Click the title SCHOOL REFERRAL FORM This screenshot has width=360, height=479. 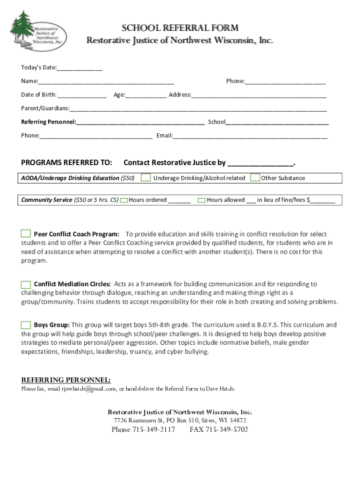click(180, 28)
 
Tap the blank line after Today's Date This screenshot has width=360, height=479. click(79, 69)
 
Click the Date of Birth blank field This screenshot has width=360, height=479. click(82, 95)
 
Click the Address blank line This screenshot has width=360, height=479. click(259, 95)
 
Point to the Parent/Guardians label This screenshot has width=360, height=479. click(45, 109)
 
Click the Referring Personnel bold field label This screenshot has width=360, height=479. click(49, 122)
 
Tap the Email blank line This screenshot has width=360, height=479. click(250, 136)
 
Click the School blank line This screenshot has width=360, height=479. click(277, 123)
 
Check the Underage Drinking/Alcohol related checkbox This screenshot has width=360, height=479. click(146, 178)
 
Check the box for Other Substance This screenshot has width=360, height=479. click(255, 178)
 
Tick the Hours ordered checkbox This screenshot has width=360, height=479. click(124, 200)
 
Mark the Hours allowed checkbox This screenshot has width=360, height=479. click(202, 200)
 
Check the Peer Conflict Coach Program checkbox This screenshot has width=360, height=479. click(26, 233)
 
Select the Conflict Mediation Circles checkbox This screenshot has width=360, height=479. click(26, 284)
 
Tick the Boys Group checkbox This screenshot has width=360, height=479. click(26, 325)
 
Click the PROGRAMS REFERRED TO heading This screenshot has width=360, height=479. click(67, 163)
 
